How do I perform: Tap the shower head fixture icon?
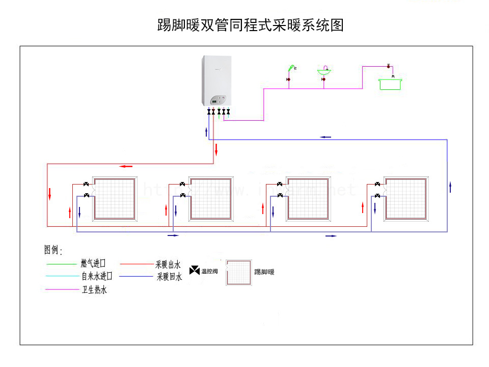pyautogui.click(x=291, y=68)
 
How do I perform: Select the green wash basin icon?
pyautogui.click(x=324, y=71)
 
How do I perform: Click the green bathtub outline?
pyautogui.click(x=390, y=84)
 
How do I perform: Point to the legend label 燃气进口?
pyautogui.click(x=93, y=264)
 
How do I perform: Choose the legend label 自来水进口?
pyautogui.click(x=97, y=277)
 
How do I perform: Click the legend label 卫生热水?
pyautogui.click(x=94, y=290)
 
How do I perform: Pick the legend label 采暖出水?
pyautogui.click(x=169, y=264)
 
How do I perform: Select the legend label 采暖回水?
pyautogui.click(x=169, y=277)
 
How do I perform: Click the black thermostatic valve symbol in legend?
pyautogui.click(x=195, y=271)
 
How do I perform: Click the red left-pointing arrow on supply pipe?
pyautogui.click(x=126, y=166)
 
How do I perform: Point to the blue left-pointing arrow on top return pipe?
pyautogui.click(x=325, y=137)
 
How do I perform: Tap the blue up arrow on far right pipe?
pyautogui.click(x=450, y=187)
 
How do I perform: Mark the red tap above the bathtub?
pyautogui.click(x=389, y=66)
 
